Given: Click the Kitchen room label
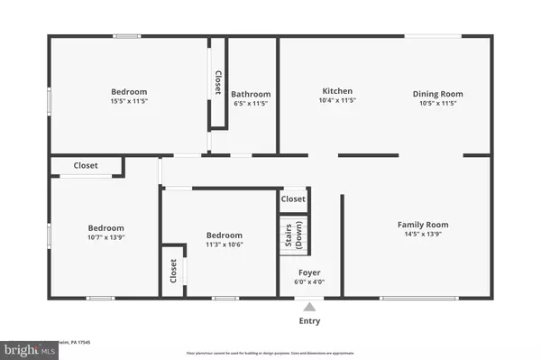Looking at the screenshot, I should coord(337,91).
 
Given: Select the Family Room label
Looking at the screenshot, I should coord(423,225).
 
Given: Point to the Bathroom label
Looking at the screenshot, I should coord(251,94).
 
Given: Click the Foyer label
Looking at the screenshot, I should coord(309,272).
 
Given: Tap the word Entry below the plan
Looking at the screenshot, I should coord(309,320).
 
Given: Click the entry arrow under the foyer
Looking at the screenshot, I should coord(309,307).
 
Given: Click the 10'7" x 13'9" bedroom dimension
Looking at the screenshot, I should coord(105,239).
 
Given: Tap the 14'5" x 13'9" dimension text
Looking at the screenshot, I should coord(423,235).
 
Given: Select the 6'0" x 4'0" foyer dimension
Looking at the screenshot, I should coord(309,282).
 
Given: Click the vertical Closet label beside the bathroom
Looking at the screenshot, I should coord(217,83).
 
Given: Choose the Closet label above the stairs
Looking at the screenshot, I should coord(293,199).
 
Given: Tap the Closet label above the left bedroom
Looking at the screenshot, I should coord(86,166).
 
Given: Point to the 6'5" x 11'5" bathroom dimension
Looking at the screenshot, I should coord(251,105).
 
